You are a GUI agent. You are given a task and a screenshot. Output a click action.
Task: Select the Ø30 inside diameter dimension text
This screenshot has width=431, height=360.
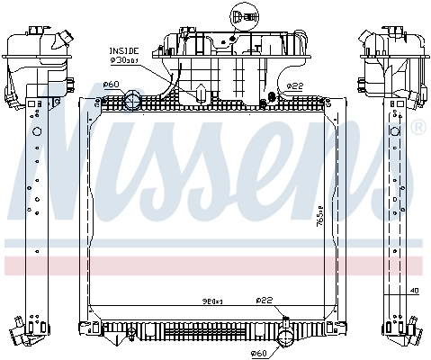point(124,61)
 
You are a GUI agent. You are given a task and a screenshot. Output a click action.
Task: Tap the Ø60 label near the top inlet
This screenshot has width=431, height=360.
point(112,85)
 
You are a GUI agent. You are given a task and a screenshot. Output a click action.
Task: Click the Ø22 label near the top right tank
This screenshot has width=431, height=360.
point(294,86)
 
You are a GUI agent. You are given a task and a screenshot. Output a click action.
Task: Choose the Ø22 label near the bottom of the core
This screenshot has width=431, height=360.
point(264,300)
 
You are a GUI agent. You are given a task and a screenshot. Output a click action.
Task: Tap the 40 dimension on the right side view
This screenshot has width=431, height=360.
point(413,291)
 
